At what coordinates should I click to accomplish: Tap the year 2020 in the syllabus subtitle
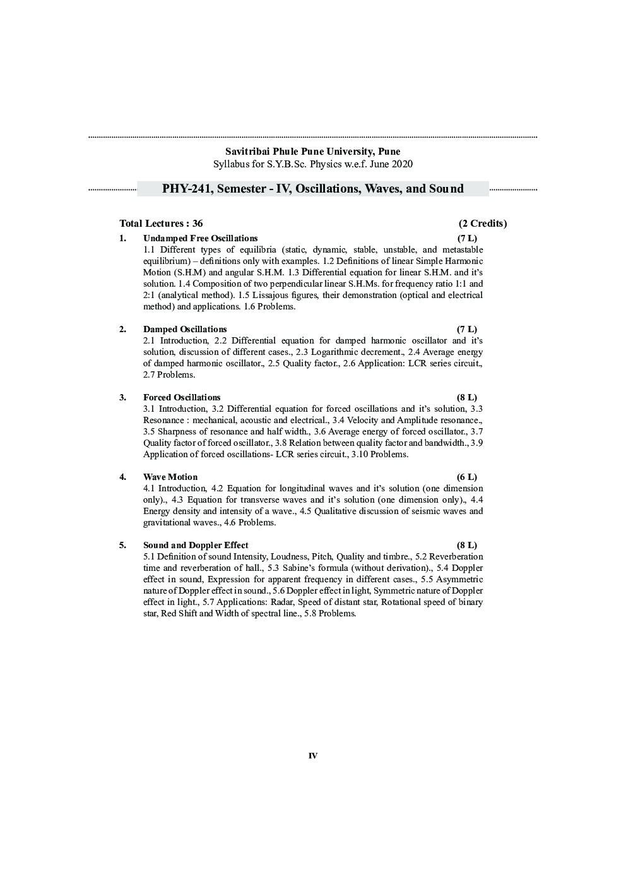point(401,164)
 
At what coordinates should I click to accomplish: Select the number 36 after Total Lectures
point(198,224)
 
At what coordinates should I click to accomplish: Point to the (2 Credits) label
point(483,224)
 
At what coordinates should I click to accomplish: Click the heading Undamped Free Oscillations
point(200,239)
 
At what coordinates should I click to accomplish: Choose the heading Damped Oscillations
point(185,330)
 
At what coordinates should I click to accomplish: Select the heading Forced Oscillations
point(182,398)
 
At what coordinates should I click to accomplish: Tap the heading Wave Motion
point(170,477)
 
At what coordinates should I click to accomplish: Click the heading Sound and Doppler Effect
point(196,546)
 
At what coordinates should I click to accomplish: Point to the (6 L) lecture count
point(467,477)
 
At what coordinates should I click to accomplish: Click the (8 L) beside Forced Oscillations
point(467,398)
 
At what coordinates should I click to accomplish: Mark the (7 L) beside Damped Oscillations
point(467,330)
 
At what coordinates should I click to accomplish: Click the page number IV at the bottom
point(312,756)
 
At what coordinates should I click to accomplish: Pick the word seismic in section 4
point(425,512)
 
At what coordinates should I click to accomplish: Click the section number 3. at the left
point(123,398)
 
